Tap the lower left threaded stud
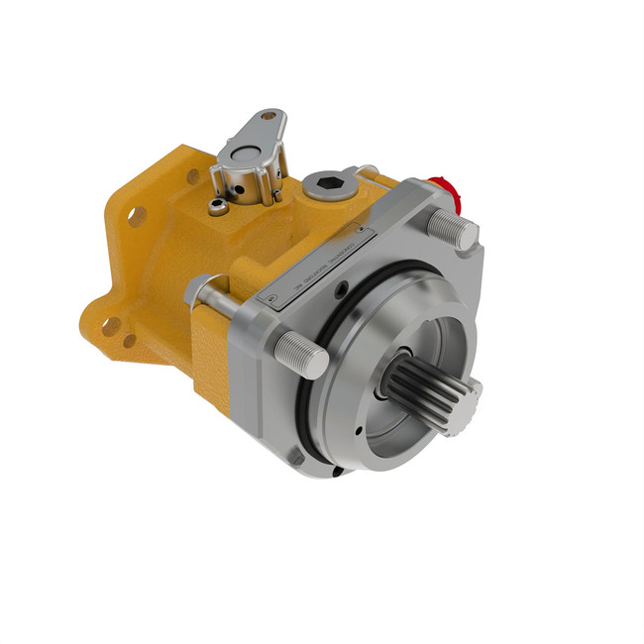click(x=301, y=352)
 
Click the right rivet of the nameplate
click(x=365, y=233)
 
